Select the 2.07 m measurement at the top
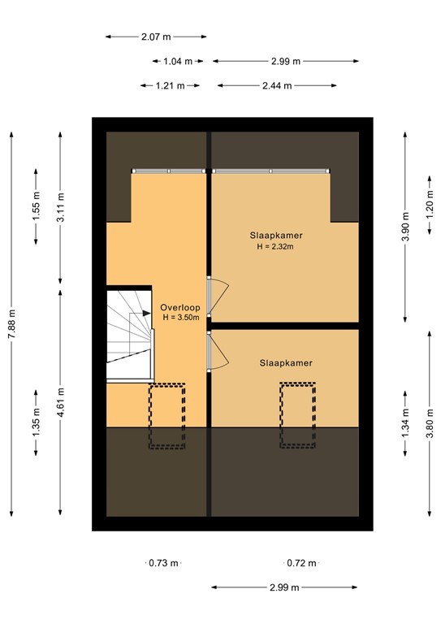click(156, 37)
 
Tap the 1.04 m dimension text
click(178, 61)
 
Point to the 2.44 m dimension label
click(275, 85)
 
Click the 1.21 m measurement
click(170, 85)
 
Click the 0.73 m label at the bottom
click(163, 562)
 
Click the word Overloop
click(179, 307)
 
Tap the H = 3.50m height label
click(180, 318)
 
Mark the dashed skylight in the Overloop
click(166, 415)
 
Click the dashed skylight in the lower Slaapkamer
click(298, 415)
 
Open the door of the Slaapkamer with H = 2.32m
click(218, 295)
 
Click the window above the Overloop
click(169, 171)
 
